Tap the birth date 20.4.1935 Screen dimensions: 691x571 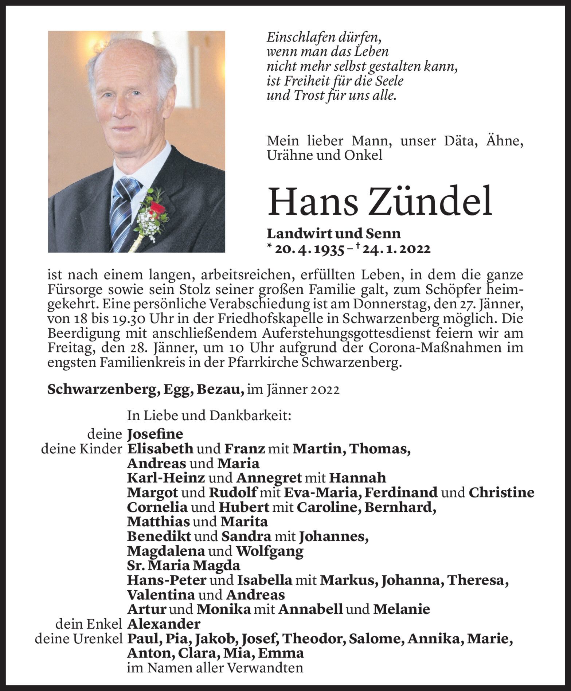tap(309, 249)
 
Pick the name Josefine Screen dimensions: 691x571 tap(155, 434)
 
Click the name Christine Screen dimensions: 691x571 tap(501, 493)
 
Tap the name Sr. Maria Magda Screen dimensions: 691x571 tap(184, 566)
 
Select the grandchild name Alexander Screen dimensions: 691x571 tap(164, 624)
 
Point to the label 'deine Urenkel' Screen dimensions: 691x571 tap(78, 639)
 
